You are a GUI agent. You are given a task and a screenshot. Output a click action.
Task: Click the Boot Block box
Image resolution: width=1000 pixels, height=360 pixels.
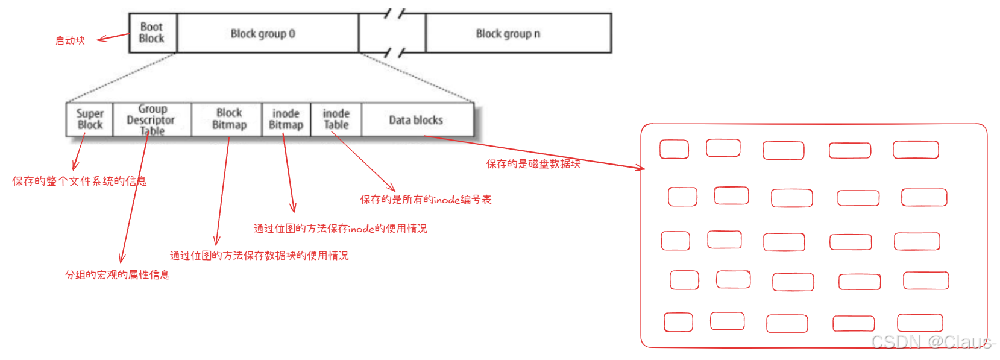pyautogui.click(x=152, y=33)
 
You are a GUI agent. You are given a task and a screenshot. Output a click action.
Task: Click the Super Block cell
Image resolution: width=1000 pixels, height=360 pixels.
pyautogui.click(x=90, y=119)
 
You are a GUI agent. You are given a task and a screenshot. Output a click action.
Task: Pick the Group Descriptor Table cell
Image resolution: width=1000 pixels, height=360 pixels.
pyautogui.click(x=152, y=120)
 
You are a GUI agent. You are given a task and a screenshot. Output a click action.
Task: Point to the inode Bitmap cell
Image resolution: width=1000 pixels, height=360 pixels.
pyautogui.click(x=286, y=119)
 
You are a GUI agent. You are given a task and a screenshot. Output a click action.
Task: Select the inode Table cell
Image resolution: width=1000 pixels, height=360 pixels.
pyautogui.click(x=336, y=119)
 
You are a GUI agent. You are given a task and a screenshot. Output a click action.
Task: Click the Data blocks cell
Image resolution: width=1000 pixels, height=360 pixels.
pyautogui.click(x=416, y=120)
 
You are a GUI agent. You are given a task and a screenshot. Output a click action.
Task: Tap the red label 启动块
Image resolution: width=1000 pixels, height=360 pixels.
pyautogui.click(x=71, y=40)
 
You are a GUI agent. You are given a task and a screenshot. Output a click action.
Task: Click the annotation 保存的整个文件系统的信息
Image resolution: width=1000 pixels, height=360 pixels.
pyautogui.click(x=79, y=181)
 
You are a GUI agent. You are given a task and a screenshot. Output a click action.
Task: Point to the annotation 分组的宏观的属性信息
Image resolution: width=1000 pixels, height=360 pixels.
pyautogui.click(x=117, y=275)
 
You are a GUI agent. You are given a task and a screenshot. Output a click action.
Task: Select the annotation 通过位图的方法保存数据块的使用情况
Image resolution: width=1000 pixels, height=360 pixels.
pyautogui.click(x=259, y=256)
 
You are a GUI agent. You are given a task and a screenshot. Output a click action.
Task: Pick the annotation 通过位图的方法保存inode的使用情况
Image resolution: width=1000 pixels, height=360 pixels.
pyautogui.click(x=340, y=229)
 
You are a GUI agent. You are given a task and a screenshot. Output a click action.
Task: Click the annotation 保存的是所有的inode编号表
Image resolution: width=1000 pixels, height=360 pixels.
pyautogui.click(x=426, y=200)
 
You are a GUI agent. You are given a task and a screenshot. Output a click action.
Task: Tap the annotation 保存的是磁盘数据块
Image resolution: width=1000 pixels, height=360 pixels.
pyautogui.click(x=533, y=163)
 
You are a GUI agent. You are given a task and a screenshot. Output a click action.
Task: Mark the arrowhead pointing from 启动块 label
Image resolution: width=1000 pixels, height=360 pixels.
pyautogui.click(x=100, y=40)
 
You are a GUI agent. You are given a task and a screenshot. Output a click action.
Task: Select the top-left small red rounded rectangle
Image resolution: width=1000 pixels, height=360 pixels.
pyautogui.click(x=674, y=149)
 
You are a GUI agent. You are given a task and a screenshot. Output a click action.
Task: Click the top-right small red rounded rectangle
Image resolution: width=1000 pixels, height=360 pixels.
pyautogui.click(x=916, y=150)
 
